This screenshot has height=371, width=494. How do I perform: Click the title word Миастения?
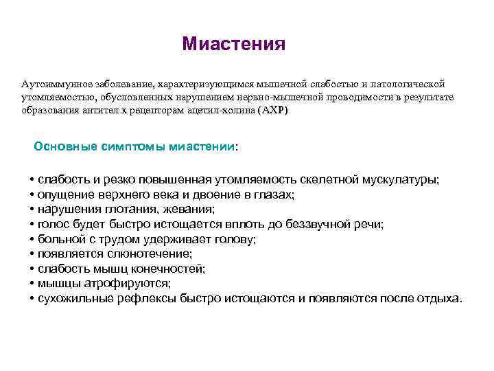click(233, 45)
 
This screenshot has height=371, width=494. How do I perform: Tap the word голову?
click(233, 239)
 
